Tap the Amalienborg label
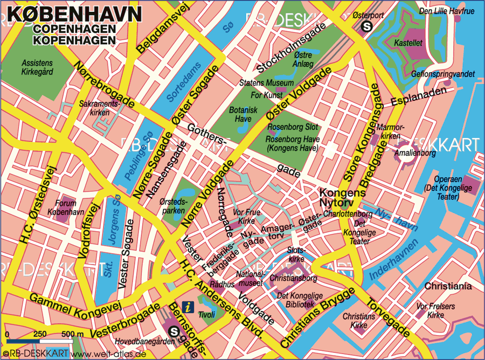click(414, 153)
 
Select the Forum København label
click(66, 207)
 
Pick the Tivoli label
click(206, 314)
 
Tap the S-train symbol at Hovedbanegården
click(174, 331)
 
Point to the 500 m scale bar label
click(72, 335)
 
